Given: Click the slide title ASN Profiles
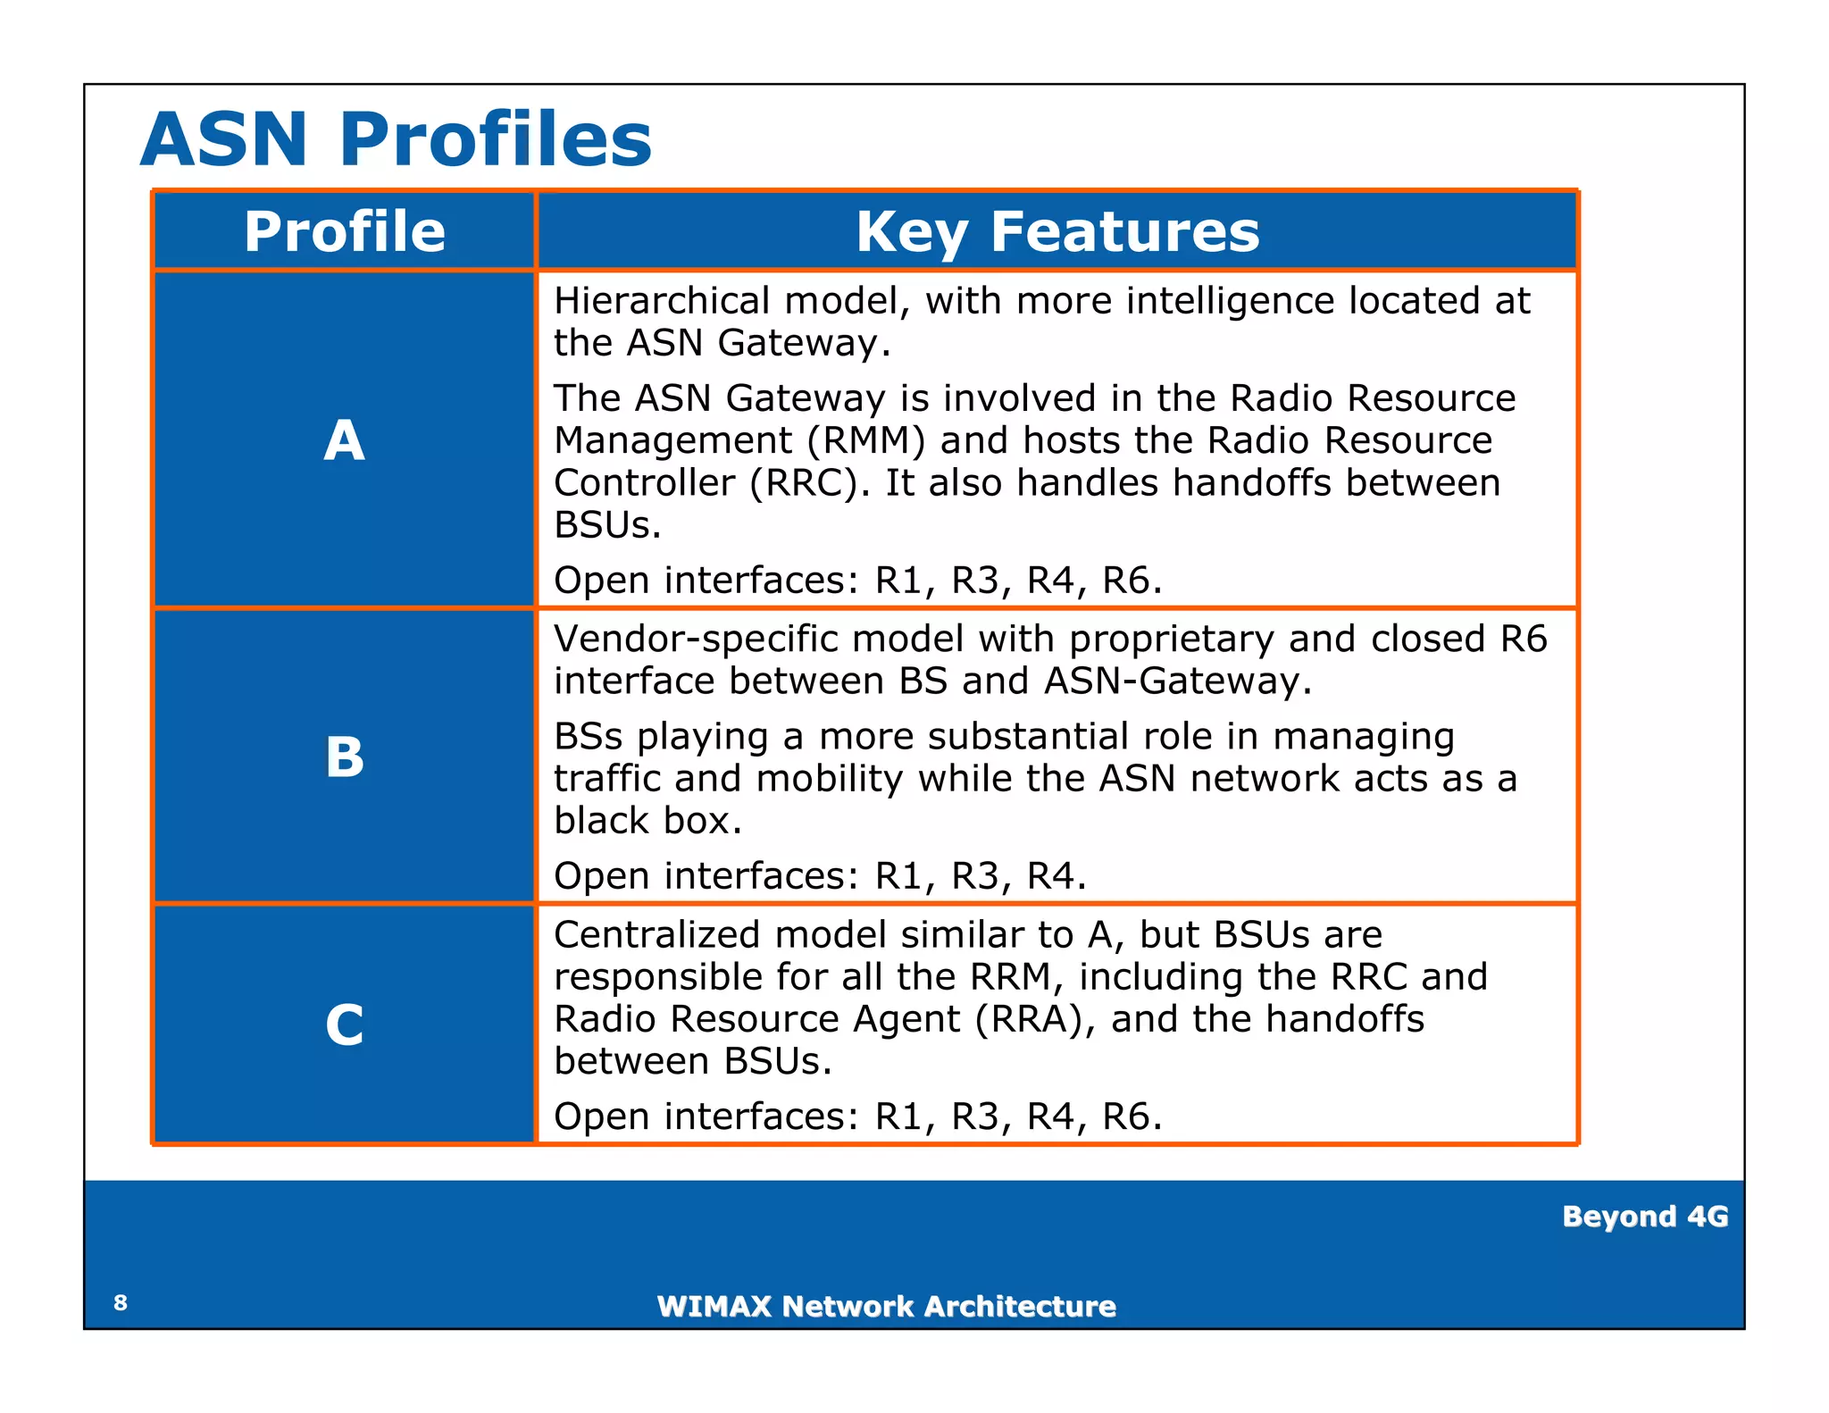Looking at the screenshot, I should (396, 139).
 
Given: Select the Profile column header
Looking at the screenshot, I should (345, 231).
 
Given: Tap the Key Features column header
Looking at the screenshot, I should (1057, 231).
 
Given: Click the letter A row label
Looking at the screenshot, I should (344, 440).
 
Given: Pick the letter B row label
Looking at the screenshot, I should (344, 757).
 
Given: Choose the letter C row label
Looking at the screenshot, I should (344, 1024).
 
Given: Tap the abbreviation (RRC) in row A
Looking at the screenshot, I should (808, 483).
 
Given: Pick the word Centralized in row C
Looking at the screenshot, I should (657, 935).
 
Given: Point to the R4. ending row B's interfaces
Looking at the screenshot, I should (1056, 876).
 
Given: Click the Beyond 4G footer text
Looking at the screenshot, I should (1645, 1217).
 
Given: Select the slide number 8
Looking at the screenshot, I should (121, 1302).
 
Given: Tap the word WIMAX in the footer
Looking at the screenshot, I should (714, 1307).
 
